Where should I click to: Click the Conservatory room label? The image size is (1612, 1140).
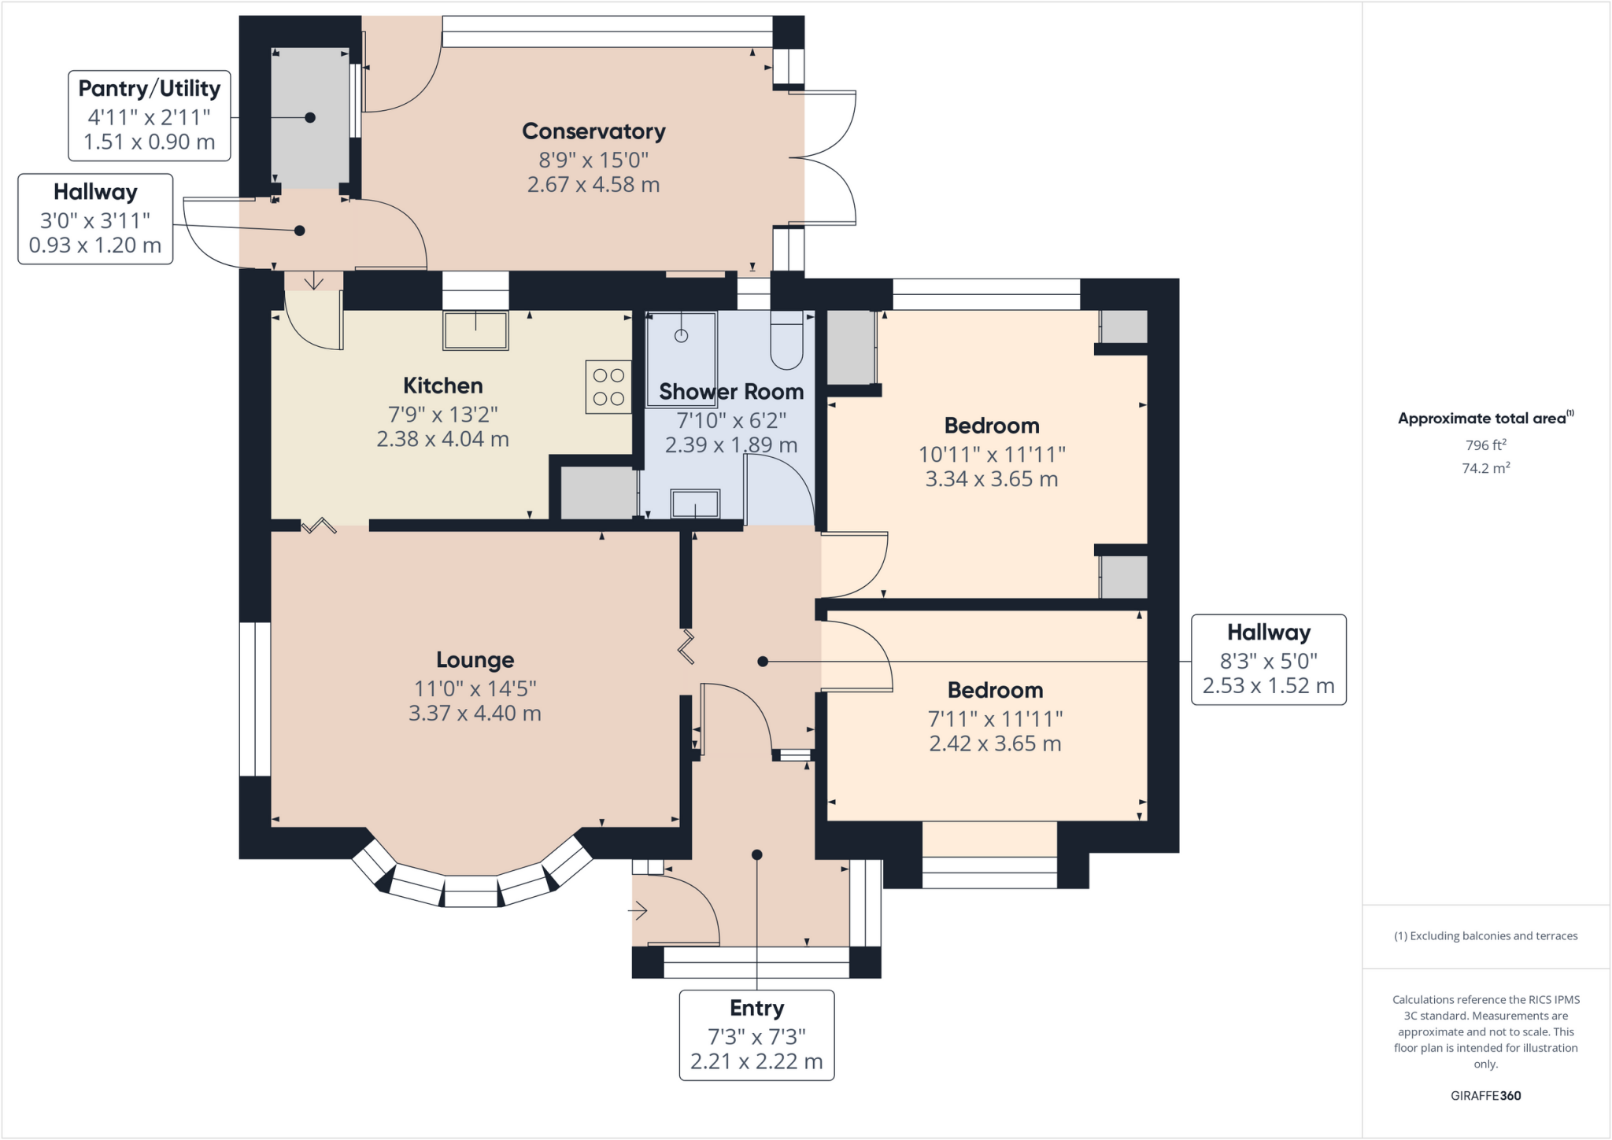593,131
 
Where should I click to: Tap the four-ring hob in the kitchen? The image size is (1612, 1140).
608,387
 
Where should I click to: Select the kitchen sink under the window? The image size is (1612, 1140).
475,330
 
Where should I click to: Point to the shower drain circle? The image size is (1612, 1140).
682,336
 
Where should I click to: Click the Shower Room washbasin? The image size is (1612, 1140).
695,504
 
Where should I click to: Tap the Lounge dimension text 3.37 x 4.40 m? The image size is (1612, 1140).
475,714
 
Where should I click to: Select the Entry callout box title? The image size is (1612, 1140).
756,1009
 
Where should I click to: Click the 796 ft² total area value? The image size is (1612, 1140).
1485,445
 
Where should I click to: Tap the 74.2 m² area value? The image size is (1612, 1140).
1485,468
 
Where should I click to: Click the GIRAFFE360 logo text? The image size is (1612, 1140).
1485,1095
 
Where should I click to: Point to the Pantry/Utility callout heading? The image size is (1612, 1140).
149,89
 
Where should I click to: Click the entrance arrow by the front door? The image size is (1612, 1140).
638,912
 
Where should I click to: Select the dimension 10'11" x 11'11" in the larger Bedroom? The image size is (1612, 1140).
992,455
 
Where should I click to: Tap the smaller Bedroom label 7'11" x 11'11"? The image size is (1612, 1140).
995,719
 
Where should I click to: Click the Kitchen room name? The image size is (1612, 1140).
442,386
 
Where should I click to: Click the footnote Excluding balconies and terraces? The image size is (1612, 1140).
1485,936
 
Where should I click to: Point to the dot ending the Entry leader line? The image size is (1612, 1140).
756,855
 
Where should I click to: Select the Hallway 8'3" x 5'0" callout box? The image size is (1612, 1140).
1268,659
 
